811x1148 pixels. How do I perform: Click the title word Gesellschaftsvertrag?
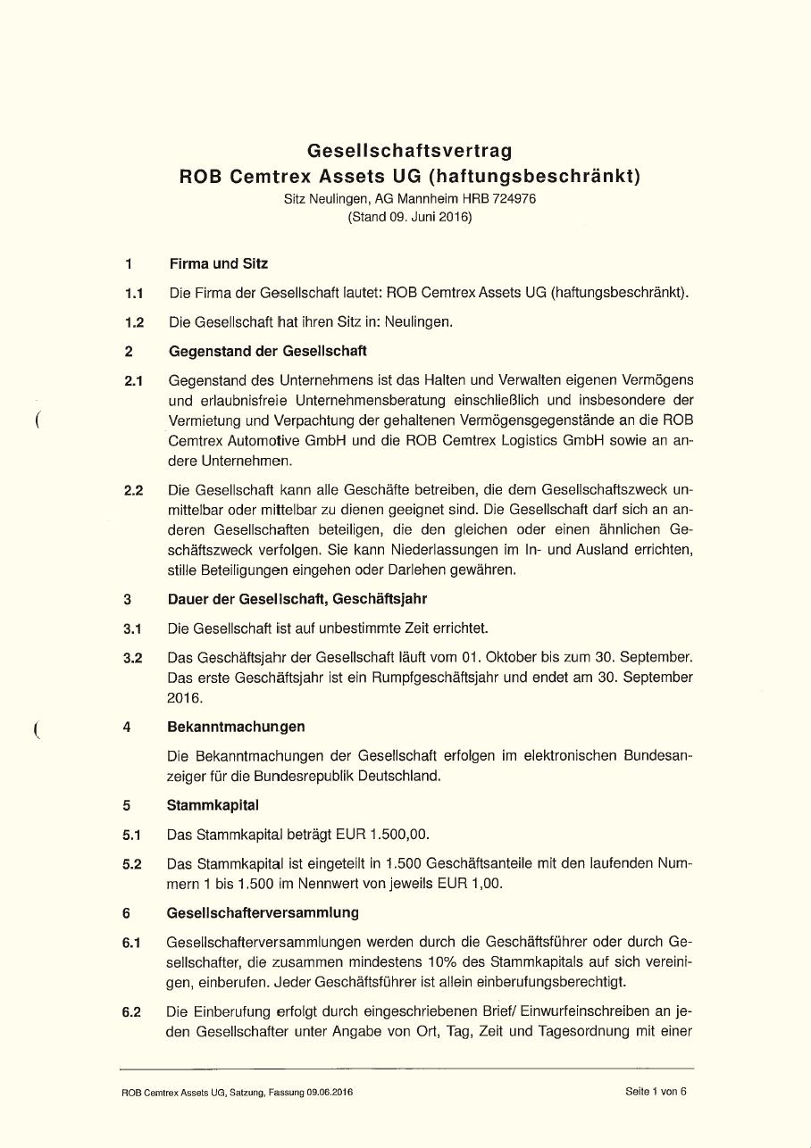pyautogui.click(x=410, y=151)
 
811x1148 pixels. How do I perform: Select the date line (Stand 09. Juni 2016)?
pyautogui.click(x=410, y=217)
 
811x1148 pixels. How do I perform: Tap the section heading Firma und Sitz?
pyautogui.click(x=218, y=263)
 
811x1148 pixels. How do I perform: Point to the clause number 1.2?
pyautogui.click(x=135, y=322)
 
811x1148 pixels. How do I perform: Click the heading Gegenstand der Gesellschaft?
pyautogui.click(x=267, y=351)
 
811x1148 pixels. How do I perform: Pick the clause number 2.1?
pyautogui.click(x=135, y=381)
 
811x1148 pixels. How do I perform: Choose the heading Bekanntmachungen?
pyautogui.click(x=236, y=727)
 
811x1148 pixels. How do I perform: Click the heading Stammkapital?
pyautogui.click(x=213, y=805)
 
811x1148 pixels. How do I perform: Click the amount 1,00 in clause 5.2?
pyautogui.click(x=486, y=884)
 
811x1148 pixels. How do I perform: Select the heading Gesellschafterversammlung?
pyautogui.click(x=263, y=912)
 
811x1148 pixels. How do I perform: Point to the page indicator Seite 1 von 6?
pyautogui.click(x=656, y=1091)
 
